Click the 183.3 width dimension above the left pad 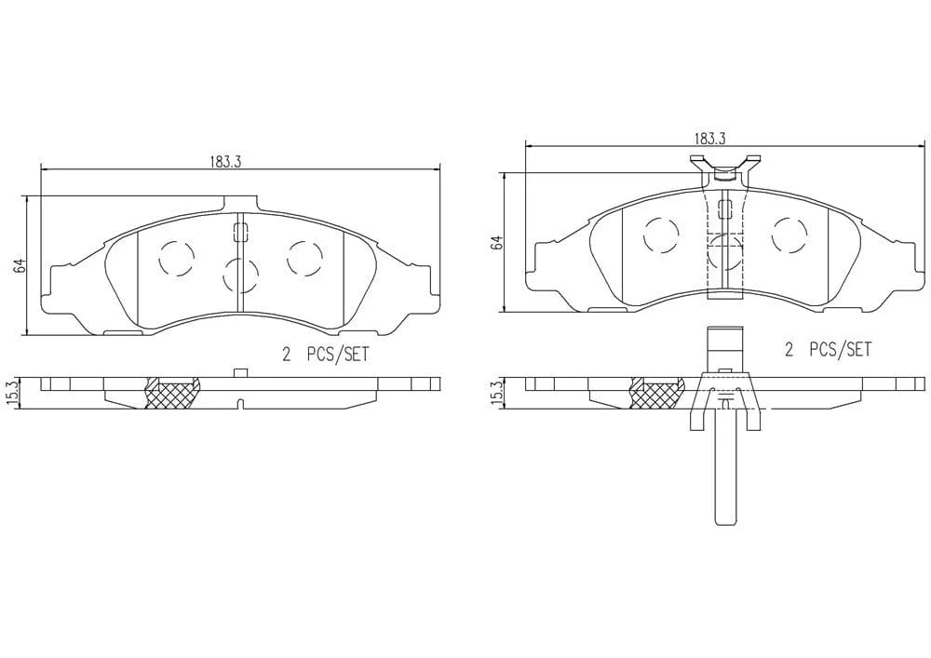click(x=224, y=161)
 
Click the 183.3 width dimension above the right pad click(x=710, y=139)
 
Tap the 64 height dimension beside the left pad click(x=20, y=265)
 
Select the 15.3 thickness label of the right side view click(x=497, y=392)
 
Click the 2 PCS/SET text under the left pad click(x=325, y=355)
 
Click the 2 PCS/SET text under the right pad click(x=829, y=349)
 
